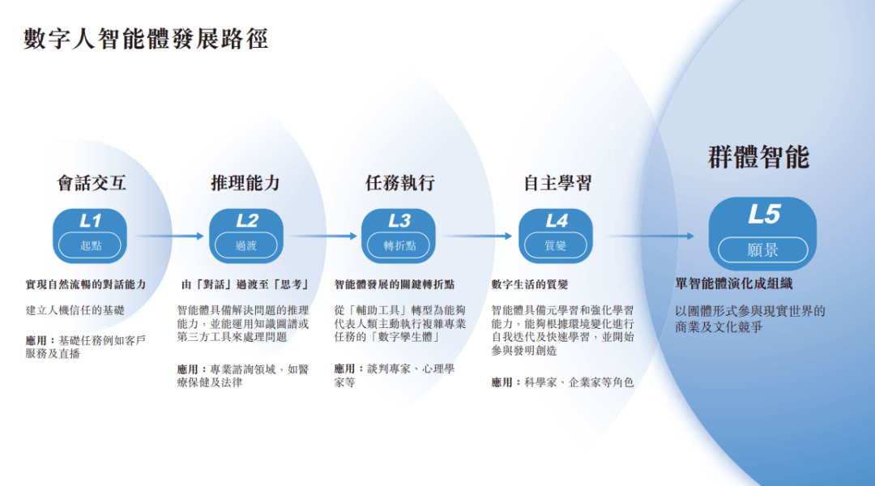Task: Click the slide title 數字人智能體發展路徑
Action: (146, 38)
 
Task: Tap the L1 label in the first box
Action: (91, 220)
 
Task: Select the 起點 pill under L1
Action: (91, 245)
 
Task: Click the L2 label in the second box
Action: (246, 220)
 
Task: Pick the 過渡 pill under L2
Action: (246, 245)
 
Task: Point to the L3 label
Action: (399, 220)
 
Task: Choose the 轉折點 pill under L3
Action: (399, 245)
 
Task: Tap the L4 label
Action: (557, 220)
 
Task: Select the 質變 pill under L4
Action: (557, 245)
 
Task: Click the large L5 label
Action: (763, 215)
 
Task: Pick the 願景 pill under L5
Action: (763, 249)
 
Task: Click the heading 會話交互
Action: (92, 183)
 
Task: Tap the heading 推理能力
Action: (245, 183)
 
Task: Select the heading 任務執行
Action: (399, 183)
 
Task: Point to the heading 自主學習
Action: (557, 183)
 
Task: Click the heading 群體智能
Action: (758, 158)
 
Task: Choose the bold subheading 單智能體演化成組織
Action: (734, 283)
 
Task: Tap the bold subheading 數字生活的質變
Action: (530, 284)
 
